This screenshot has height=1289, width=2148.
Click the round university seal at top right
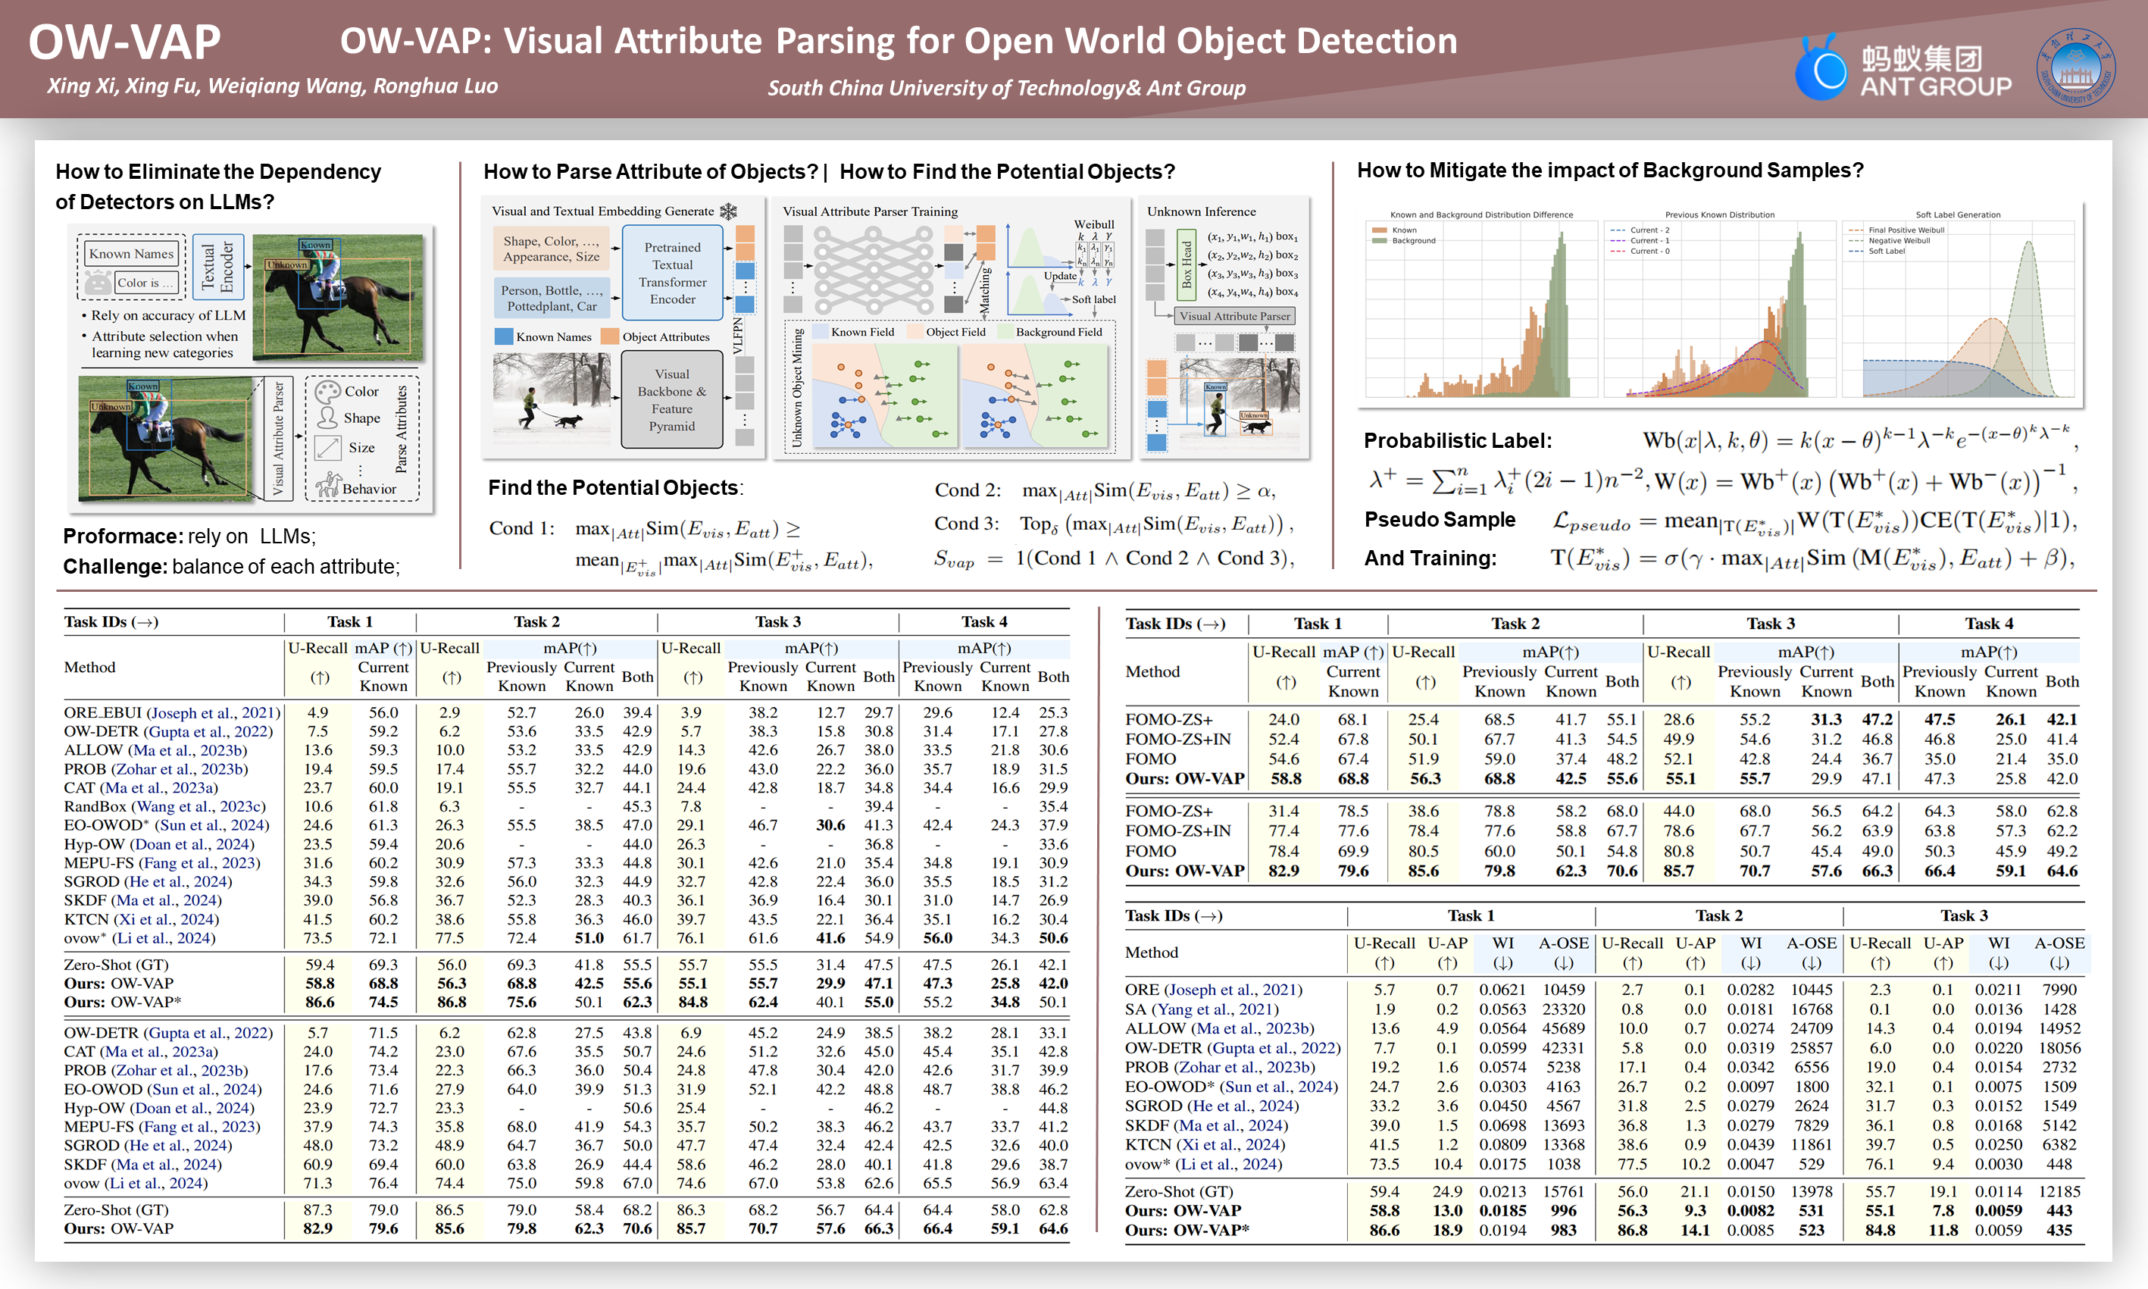[x=2075, y=67]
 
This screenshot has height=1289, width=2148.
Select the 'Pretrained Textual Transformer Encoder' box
[x=672, y=273]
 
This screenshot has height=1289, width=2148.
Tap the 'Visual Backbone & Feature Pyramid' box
[x=672, y=399]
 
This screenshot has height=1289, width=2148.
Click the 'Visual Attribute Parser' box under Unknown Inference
[x=1233, y=316]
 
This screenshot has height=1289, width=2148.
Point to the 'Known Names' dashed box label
[x=132, y=254]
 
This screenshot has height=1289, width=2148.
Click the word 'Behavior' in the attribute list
[x=369, y=489]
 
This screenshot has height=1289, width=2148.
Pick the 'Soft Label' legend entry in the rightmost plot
[x=1887, y=251]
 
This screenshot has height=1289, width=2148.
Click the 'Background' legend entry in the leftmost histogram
[x=1414, y=241]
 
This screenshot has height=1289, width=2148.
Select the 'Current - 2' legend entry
[x=1649, y=230]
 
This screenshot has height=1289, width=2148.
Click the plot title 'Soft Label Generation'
[x=1958, y=214]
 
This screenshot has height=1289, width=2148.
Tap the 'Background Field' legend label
[x=1058, y=332]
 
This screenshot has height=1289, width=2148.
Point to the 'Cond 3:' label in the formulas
[x=966, y=524]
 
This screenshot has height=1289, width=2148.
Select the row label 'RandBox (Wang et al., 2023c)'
[x=164, y=806]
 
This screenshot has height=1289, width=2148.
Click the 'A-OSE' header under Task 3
[x=2059, y=943]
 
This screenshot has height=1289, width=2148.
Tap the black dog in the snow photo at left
[x=569, y=421]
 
